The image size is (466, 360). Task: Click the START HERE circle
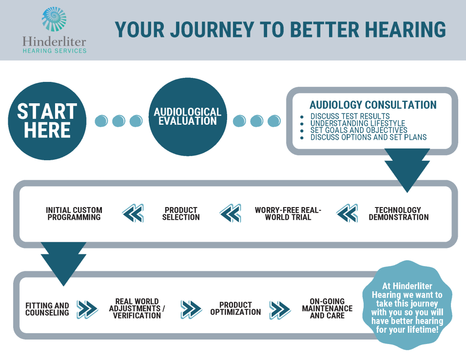point(47,121)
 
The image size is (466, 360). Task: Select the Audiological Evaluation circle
point(187,117)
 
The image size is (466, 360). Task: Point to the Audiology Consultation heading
point(373,105)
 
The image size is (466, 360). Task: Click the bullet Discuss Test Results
point(350,117)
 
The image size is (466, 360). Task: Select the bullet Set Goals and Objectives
point(359,130)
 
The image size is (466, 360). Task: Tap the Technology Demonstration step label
point(398,213)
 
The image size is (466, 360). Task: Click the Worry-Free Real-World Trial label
point(288,213)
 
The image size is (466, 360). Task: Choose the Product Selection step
point(181,213)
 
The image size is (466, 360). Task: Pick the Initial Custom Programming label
point(74,213)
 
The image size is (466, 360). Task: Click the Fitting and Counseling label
point(47,309)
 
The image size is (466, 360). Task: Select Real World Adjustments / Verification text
point(137,309)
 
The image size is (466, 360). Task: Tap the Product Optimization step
point(235,309)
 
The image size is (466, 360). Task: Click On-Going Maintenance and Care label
point(327,309)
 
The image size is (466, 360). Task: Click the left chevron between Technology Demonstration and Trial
point(347,213)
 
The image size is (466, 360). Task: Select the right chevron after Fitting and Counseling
point(87,309)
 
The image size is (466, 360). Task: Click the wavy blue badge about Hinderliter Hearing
point(407,305)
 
